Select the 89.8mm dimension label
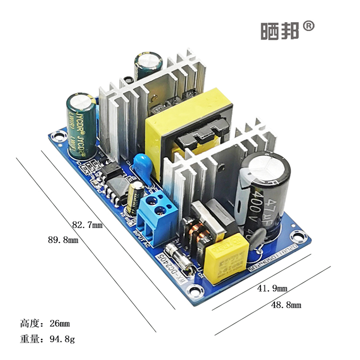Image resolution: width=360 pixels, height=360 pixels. pyautogui.click(x=60, y=240)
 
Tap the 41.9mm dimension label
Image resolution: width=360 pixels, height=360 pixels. pyautogui.click(x=272, y=288)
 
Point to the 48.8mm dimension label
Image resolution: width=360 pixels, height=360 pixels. pyautogui.click(x=286, y=305)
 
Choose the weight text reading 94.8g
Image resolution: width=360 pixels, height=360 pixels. pyautogui.click(x=48, y=339)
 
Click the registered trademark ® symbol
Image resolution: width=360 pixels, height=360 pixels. pyautogui.click(x=309, y=26)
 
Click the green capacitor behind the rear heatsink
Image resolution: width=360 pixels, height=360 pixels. pyautogui.click(x=149, y=66)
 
